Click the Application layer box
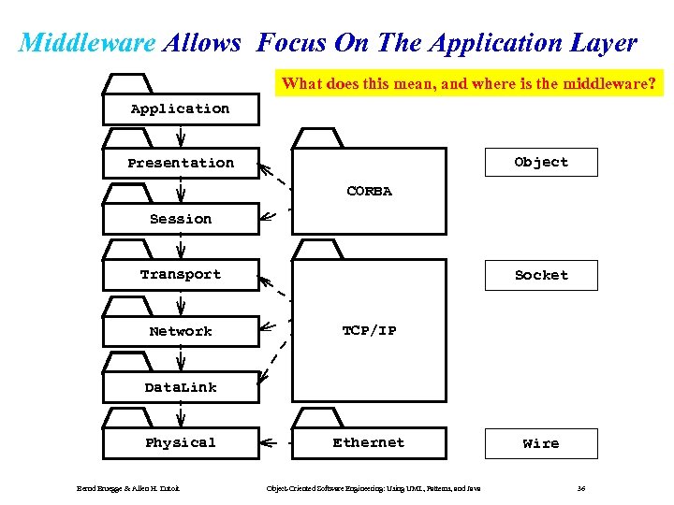tap(181, 108)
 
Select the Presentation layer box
tap(181, 163)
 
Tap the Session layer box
tap(181, 219)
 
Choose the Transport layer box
tap(181, 274)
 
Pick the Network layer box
tap(181, 331)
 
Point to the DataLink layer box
tap(181, 387)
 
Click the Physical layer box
tap(181, 442)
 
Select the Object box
tap(541, 162)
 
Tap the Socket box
tap(541, 275)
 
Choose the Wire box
tap(541, 443)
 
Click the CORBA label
tap(369, 191)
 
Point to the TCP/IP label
tap(369, 330)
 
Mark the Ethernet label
tap(369, 442)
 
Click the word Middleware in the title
tap(87, 43)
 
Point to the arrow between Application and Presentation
tap(181, 136)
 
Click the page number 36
tap(581, 488)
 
